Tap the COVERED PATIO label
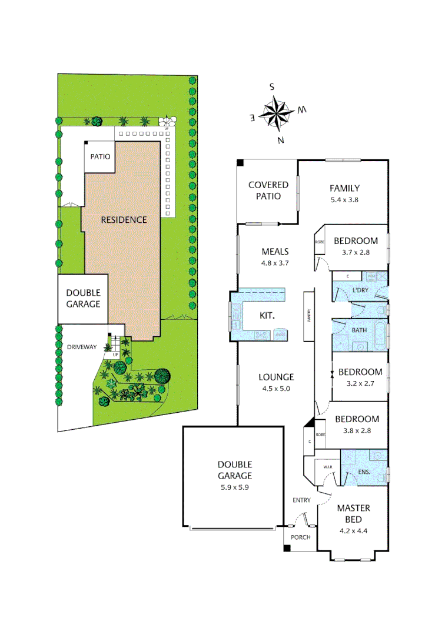[x=268, y=190]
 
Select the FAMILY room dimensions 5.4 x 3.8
[x=344, y=199]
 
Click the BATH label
[x=359, y=330]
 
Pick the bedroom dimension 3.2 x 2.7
[x=360, y=382]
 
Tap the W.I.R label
[x=327, y=467]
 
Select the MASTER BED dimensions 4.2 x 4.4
[x=353, y=531]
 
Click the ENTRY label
[x=301, y=500]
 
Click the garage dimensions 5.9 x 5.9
[x=234, y=487]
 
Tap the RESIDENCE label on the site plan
[x=123, y=220]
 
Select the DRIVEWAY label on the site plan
[x=82, y=347]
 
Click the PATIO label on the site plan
[x=99, y=157]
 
